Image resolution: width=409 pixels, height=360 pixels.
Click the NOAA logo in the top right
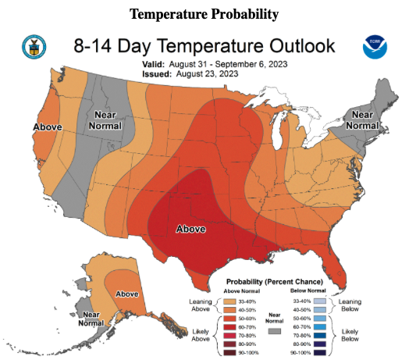click(374, 48)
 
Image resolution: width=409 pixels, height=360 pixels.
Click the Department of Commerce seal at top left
click(36, 48)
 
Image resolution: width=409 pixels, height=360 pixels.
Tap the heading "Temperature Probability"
click(204, 15)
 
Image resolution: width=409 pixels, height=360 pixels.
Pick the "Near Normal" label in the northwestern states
click(102, 120)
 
